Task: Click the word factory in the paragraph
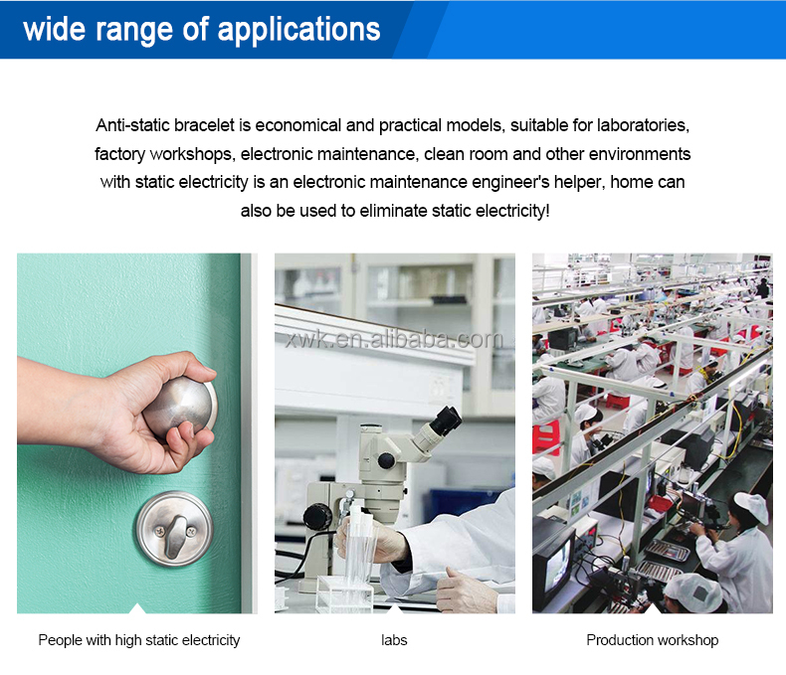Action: pyautogui.click(x=118, y=154)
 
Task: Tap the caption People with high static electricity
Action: pyautogui.click(x=138, y=640)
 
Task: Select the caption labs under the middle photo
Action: pyautogui.click(x=394, y=640)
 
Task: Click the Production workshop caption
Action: pyautogui.click(x=652, y=640)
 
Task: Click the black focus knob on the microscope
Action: pyautogui.click(x=317, y=516)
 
